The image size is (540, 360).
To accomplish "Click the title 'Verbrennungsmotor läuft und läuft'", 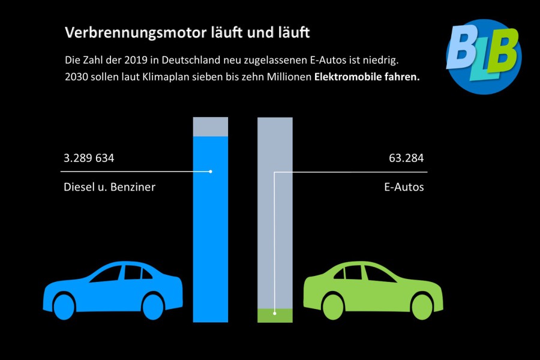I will tap(187, 33).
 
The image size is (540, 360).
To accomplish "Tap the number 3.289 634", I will tap(89, 159).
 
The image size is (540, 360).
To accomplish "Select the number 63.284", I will tap(406, 159).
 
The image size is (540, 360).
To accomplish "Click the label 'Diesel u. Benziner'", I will tap(109, 187).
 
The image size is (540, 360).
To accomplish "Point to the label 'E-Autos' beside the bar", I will tap(404, 187).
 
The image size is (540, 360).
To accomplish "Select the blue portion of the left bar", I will tap(211, 240).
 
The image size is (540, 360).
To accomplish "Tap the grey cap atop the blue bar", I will tap(211, 127).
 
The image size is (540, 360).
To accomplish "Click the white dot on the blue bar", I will tap(211, 172).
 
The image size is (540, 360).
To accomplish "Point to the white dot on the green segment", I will tap(274, 313).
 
